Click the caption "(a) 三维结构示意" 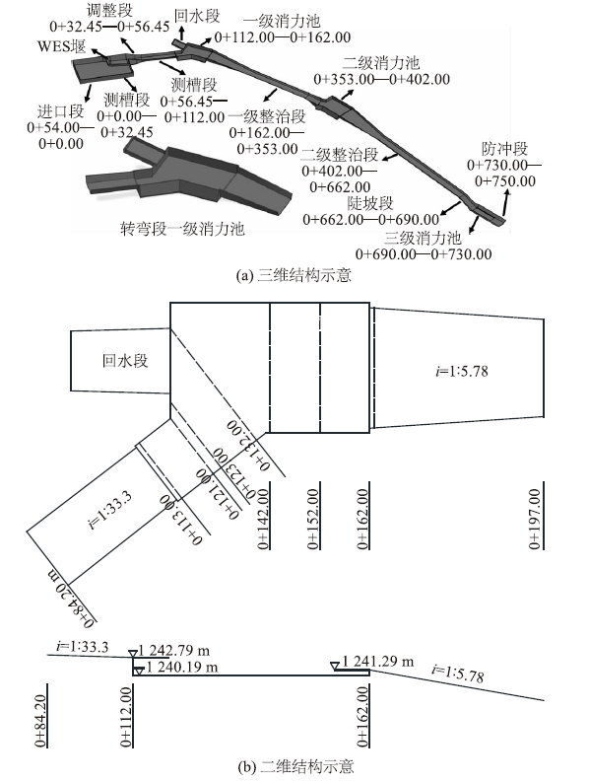294,275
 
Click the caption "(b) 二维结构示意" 295,766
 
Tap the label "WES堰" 62,46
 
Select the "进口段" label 61,111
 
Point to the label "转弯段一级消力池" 182,229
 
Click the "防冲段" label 504,149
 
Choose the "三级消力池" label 423,238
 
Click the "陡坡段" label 370,203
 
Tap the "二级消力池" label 381,63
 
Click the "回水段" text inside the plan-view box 125,361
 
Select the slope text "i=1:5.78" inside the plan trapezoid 462,371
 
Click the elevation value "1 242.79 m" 174,651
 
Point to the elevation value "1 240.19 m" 182,667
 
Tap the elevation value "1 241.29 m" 378,662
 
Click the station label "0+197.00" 534,519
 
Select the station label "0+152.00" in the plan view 312,519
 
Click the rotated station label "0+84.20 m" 71,598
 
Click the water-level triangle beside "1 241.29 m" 335,666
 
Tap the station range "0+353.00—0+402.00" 382,79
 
